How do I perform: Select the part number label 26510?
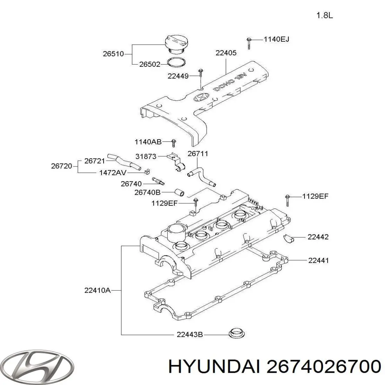(x=113, y=54)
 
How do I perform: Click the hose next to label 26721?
(x=124, y=161)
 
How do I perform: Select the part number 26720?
(x=62, y=166)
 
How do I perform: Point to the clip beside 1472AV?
(x=147, y=172)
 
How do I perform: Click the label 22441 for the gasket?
(x=318, y=261)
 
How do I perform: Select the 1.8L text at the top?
(x=325, y=15)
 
